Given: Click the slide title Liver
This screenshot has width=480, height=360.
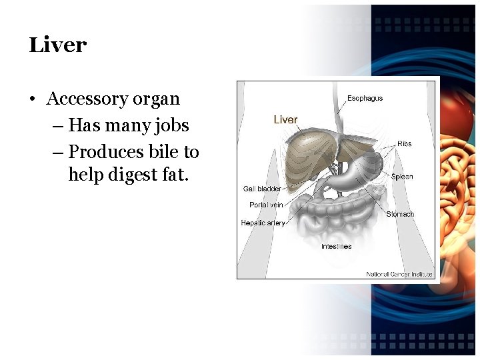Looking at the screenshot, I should point(58,45).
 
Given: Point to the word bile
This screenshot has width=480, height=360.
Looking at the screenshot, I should point(164,152).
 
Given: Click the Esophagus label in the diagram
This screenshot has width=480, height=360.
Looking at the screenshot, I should point(365,99).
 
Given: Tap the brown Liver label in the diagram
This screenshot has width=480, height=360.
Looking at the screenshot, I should point(285,120).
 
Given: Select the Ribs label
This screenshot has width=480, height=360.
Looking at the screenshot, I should point(405,144).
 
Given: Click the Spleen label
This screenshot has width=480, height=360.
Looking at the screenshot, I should point(402,177).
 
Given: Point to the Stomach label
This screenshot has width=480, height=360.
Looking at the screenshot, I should point(400,214).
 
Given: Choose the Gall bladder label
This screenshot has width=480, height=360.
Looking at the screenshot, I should point(261,189).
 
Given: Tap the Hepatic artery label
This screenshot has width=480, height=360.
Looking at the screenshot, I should point(263,223).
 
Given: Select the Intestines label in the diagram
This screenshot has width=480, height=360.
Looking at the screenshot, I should point(336,247).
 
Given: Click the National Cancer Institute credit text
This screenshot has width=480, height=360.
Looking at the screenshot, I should point(399,274).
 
